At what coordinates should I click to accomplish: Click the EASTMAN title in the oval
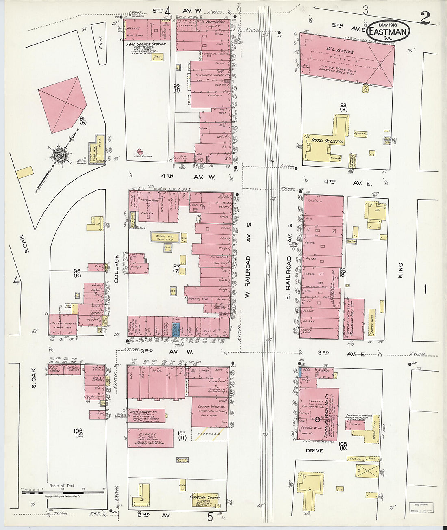click(x=388, y=31)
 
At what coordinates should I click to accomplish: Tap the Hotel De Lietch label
click(x=328, y=141)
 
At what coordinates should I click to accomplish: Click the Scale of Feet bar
click(x=63, y=492)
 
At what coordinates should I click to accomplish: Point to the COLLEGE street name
click(x=117, y=268)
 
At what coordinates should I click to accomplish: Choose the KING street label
click(x=400, y=270)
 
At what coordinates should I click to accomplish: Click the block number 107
click(x=182, y=434)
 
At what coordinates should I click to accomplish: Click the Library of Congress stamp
click(x=421, y=508)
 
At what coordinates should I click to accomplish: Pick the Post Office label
click(x=215, y=22)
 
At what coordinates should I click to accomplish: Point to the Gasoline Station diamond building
click(x=140, y=151)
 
